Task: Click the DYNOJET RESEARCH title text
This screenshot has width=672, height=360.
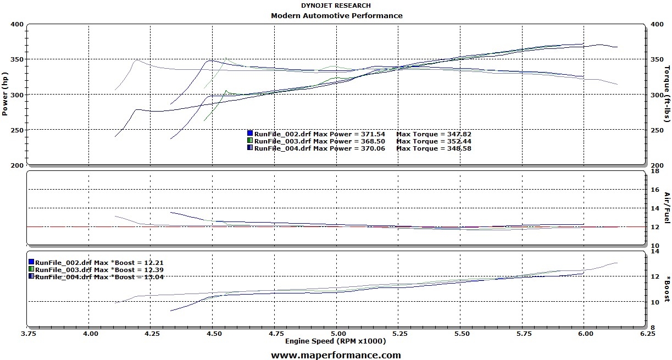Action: [x=336, y=5]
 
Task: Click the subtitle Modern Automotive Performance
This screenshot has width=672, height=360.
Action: [x=336, y=15]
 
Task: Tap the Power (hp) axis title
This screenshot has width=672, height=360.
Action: [x=5, y=94]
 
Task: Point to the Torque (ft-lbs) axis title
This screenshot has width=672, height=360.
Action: [x=667, y=94]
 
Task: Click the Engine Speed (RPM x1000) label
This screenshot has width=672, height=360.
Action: [x=335, y=341]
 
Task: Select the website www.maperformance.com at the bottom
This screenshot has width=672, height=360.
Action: [x=336, y=355]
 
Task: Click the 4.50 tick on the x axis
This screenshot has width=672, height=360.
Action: [x=213, y=333]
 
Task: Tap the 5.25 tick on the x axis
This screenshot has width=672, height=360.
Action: [x=399, y=333]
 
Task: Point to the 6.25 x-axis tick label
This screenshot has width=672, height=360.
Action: [x=647, y=333]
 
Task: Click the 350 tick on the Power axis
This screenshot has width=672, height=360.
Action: [x=16, y=59]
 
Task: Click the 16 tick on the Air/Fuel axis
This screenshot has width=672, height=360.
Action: [x=654, y=190]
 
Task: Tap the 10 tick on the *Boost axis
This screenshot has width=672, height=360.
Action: [x=654, y=302]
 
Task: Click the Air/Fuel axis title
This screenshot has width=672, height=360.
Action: [x=667, y=208]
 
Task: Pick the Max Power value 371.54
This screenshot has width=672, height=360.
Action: [x=373, y=134]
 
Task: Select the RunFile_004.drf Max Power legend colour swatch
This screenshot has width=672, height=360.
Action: [x=250, y=148]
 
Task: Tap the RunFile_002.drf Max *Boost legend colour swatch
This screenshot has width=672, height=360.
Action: [x=31, y=263]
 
